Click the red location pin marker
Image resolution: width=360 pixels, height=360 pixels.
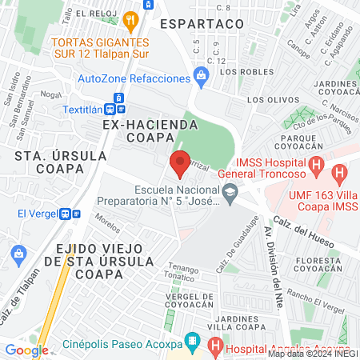[180, 162]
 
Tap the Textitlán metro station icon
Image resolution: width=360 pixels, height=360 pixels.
[119, 99]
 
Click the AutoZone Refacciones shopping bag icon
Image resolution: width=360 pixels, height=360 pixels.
[201, 78]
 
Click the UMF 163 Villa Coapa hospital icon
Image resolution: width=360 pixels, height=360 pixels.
[341, 171]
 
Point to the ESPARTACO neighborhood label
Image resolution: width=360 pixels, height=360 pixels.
[201, 25]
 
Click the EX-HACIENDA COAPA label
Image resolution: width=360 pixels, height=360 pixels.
[150, 126]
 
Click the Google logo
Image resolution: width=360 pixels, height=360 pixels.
[26, 350]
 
